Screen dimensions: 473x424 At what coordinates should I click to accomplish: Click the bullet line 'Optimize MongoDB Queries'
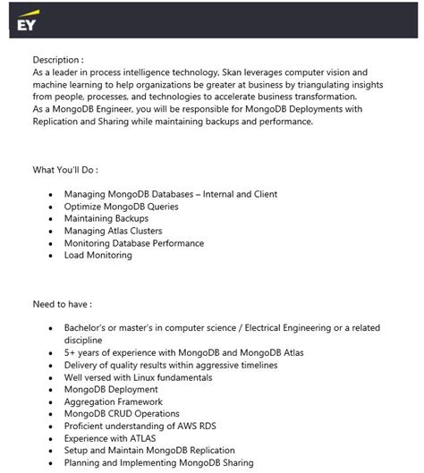tap(121, 207)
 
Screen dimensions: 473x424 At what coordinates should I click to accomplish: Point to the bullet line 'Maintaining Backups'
tap(106, 218)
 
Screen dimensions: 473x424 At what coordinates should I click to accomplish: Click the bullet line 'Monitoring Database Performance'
tap(134, 243)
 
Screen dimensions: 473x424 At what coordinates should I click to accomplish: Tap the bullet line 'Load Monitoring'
tap(98, 256)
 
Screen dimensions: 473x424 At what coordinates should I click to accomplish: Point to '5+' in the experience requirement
tap(70, 353)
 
